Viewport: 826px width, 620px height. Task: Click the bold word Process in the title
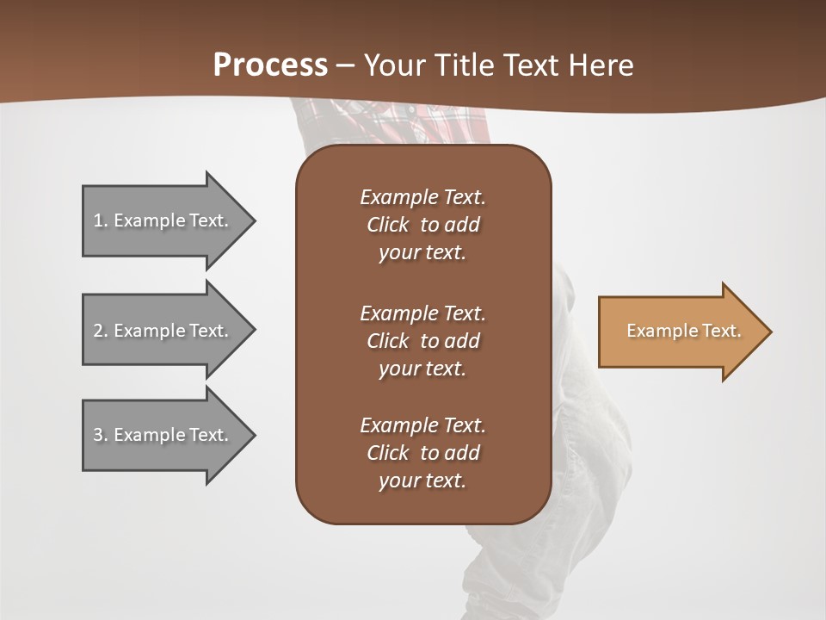pos(270,65)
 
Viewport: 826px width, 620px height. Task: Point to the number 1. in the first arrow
pos(101,220)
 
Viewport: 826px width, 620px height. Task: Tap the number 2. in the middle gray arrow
pos(101,331)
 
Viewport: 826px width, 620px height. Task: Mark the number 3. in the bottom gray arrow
pos(101,435)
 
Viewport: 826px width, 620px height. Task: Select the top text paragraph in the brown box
pos(422,225)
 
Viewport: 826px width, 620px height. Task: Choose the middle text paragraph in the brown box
pos(422,341)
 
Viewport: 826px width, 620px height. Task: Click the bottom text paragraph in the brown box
pos(422,453)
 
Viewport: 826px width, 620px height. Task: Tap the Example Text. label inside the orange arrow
pos(684,331)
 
